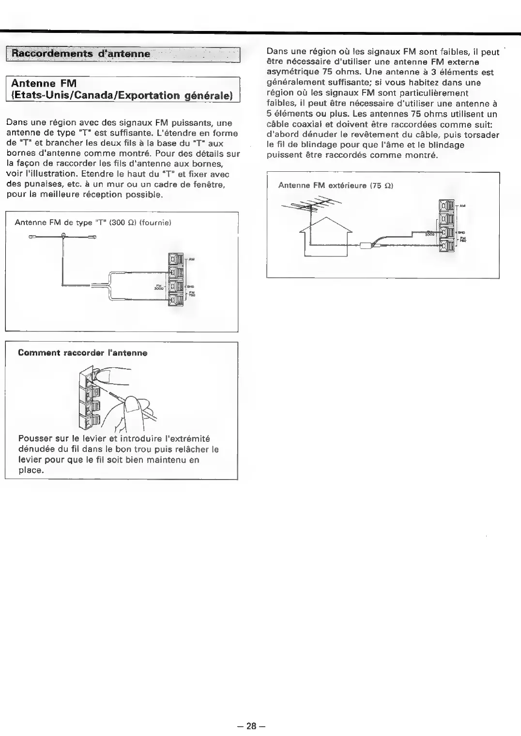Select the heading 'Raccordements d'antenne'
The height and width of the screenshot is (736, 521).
81,53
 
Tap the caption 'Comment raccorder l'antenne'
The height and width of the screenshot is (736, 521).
82,353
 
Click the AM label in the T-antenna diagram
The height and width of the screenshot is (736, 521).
192,260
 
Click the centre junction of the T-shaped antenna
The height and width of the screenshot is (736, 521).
63,236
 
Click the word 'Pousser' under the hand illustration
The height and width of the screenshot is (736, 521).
35,439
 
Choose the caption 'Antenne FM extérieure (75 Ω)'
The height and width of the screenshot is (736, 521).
335,185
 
